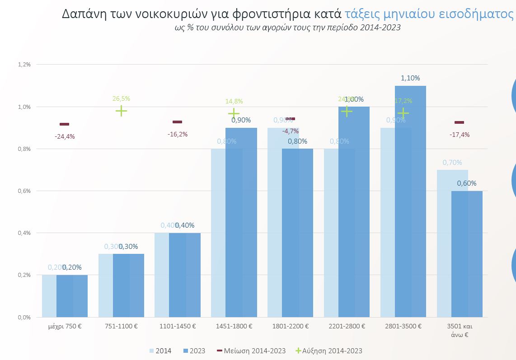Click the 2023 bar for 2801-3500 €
[x=410, y=203]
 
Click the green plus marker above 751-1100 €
[x=121, y=111]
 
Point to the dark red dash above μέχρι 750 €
[x=65, y=124]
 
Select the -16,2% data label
[x=177, y=134]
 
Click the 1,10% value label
[x=410, y=78]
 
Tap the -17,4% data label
[x=459, y=135]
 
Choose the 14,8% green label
[x=234, y=102]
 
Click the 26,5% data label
[x=121, y=98]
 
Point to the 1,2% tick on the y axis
[x=24, y=65]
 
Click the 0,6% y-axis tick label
[x=24, y=191]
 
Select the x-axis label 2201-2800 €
[x=347, y=326]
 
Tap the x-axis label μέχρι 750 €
[x=65, y=326]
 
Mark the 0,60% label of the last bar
[x=467, y=183]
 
